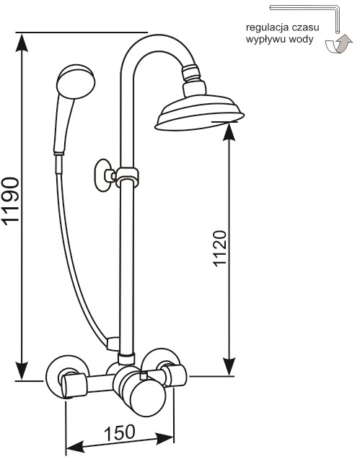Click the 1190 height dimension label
pos(11,201)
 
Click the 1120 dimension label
pos(220,248)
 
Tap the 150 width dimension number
pos(120,432)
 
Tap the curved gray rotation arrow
pos(338,44)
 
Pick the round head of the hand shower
pos(76,81)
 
